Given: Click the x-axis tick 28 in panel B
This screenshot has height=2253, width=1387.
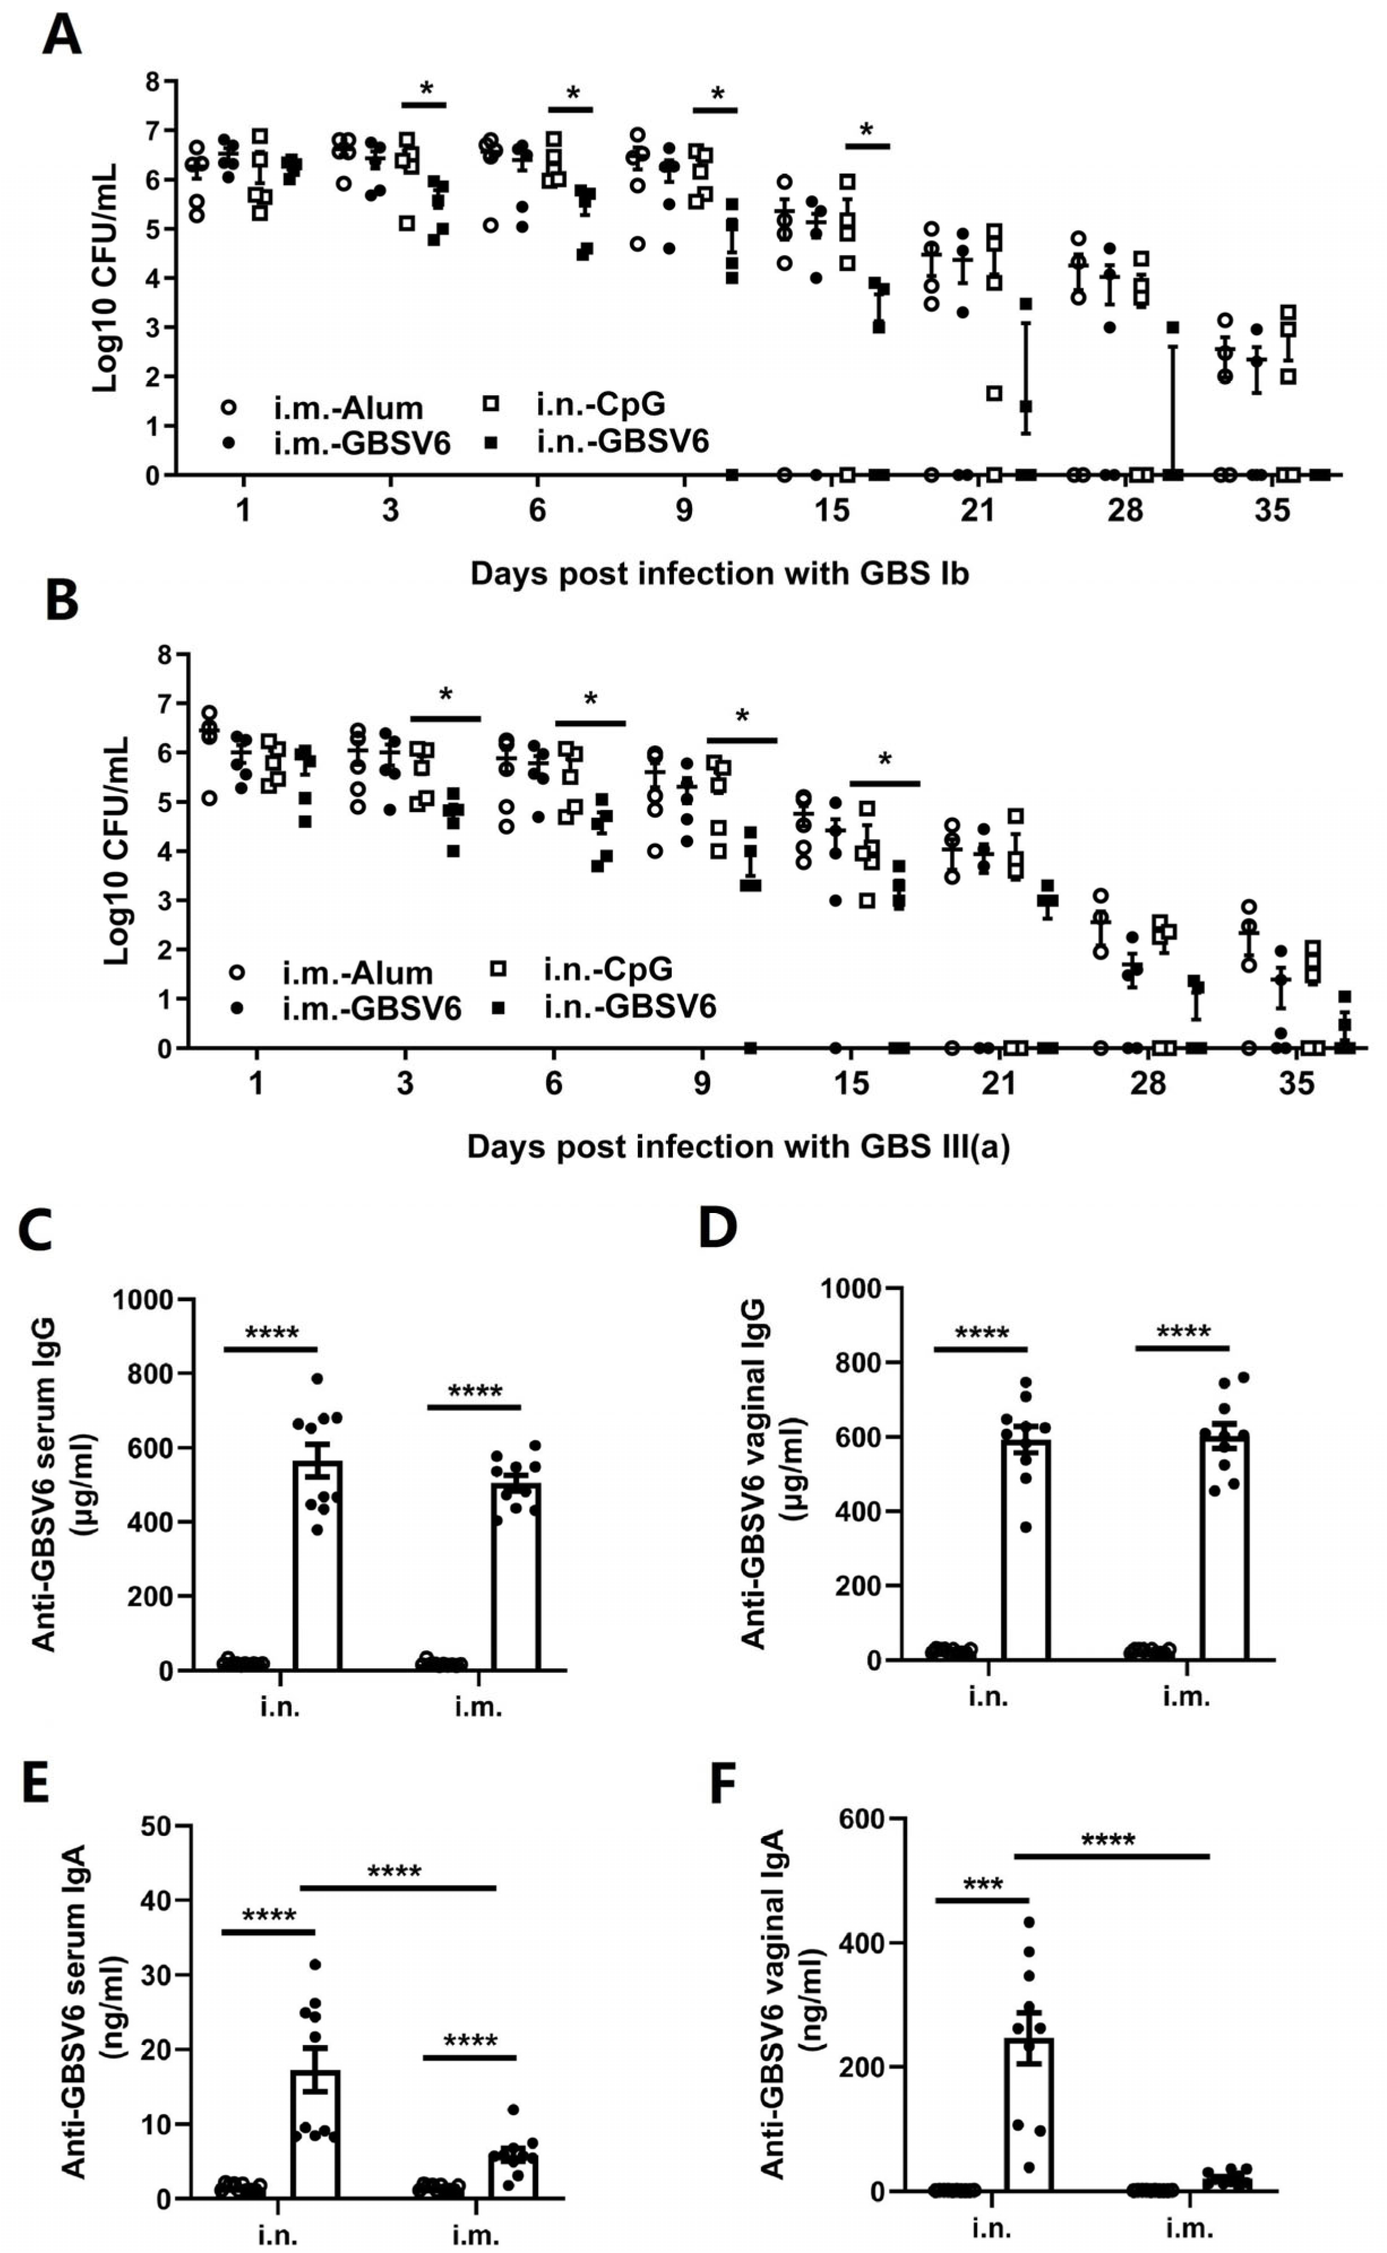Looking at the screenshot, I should [1148, 1084].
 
